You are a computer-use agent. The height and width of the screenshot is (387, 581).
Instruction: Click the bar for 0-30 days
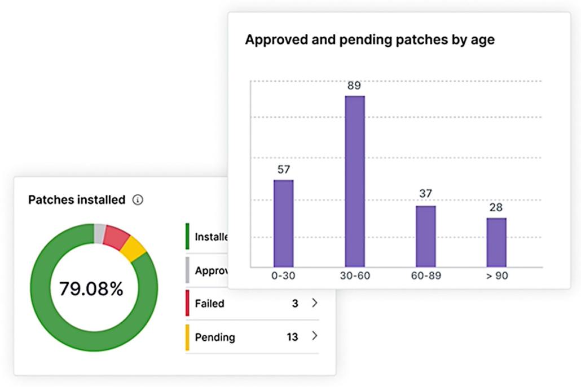[x=283, y=223]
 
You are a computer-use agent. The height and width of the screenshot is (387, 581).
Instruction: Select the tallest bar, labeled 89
[x=355, y=181]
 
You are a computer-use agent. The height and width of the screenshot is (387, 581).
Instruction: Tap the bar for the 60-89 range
[x=426, y=236]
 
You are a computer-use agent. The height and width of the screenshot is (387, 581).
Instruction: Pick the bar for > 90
[x=496, y=242]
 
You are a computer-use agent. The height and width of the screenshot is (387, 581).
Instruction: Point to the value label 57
[x=283, y=169]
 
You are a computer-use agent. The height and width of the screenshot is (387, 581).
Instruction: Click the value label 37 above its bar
[x=426, y=194]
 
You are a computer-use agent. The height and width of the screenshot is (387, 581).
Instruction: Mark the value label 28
[x=496, y=207]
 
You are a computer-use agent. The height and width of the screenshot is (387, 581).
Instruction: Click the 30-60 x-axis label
[x=355, y=276]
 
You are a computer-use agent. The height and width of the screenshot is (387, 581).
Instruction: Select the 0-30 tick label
[x=283, y=276]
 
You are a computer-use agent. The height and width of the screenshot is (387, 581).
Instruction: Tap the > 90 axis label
[x=496, y=276]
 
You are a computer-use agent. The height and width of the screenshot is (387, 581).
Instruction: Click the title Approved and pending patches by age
[x=369, y=40]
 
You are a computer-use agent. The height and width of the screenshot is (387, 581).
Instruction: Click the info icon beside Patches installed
[x=138, y=200]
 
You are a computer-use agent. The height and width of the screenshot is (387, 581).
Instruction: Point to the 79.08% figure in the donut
[x=91, y=289]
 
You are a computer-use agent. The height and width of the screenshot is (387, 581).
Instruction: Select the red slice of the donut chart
[x=117, y=235]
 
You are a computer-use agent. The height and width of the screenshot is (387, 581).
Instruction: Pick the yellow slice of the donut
[x=134, y=248]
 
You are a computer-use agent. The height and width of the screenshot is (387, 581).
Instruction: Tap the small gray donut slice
[x=100, y=233]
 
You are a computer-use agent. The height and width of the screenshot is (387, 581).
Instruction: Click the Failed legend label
[x=209, y=304]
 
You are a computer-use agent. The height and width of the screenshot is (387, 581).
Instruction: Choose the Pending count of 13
[x=292, y=337]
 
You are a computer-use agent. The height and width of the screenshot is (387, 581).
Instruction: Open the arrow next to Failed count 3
[x=315, y=303]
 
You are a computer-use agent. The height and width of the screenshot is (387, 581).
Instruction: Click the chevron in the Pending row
[x=315, y=336]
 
